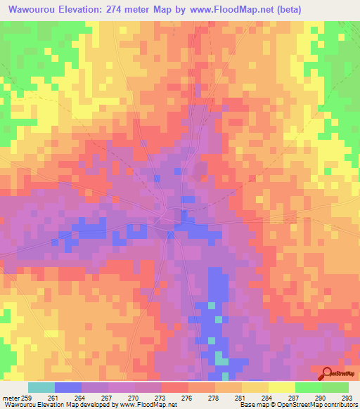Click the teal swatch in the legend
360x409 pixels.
(41, 387)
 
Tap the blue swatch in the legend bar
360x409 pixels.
(68, 387)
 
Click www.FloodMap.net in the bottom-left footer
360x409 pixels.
(140, 405)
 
